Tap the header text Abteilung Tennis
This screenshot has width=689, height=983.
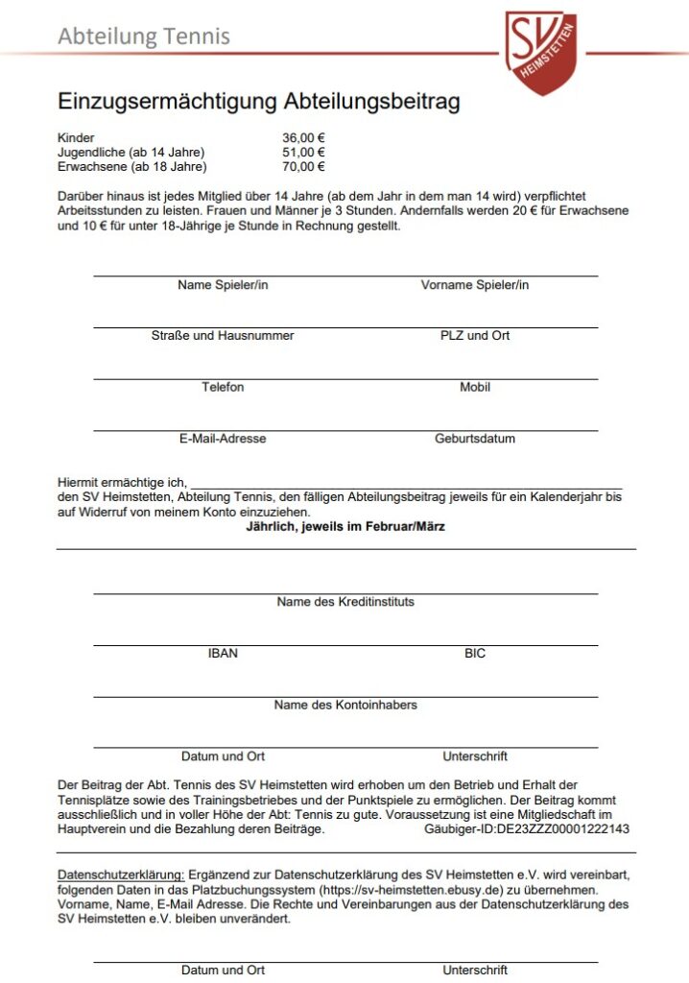click(x=144, y=36)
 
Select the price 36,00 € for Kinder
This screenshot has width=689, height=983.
click(x=303, y=138)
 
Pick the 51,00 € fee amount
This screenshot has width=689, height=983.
click(x=303, y=153)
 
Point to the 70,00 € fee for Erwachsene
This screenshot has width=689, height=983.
click(x=303, y=167)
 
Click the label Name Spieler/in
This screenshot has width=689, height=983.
click(x=223, y=285)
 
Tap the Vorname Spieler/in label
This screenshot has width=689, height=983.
click(x=474, y=285)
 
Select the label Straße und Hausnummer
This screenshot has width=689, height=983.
click(x=223, y=336)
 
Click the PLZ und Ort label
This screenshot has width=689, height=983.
click(x=474, y=336)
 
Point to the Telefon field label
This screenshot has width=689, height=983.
click(x=223, y=387)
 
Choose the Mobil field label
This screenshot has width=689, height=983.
click(x=474, y=387)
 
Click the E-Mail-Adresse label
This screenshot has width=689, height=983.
click(x=223, y=439)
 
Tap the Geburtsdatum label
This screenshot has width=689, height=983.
click(x=474, y=439)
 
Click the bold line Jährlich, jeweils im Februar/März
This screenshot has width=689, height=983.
click(x=345, y=527)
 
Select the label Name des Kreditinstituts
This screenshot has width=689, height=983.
click(x=345, y=602)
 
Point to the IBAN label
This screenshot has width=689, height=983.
click(x=223, y=654)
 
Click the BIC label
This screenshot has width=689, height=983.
click(x=474, y=654)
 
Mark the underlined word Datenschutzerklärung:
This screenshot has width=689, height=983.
click(x=121, y=875)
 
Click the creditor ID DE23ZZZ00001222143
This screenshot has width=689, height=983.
click(x=562, y=828)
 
